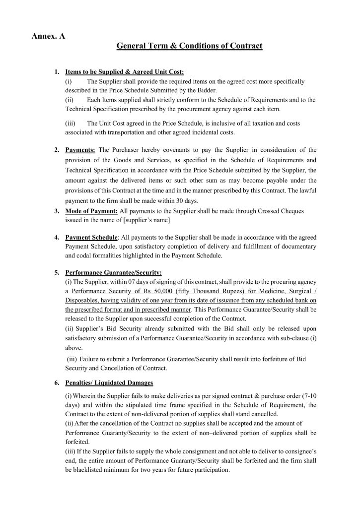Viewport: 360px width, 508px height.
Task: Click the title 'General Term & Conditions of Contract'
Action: tap(189, 47)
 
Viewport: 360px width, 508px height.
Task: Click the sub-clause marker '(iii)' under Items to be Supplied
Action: tap(72, 123)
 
